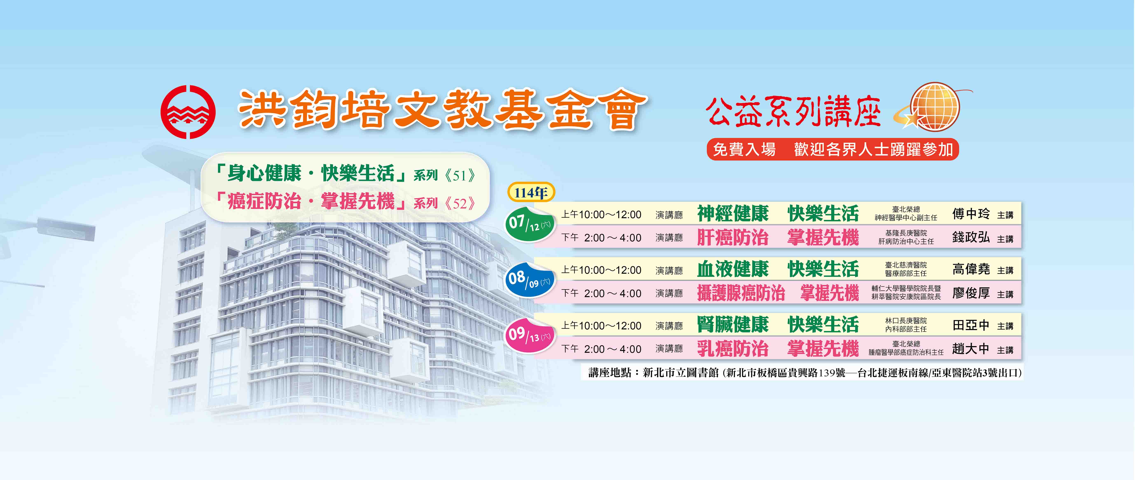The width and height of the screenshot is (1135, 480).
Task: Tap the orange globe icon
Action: pyautogui.click(x=934, y=107)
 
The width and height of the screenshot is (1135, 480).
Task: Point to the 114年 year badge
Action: pyautogui.click(x=531, y=192)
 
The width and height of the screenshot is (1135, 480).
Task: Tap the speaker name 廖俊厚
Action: pyautogui.click(x=971, y=293)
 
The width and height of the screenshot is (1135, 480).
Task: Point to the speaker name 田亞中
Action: pyautogui.click(x=971, y=325)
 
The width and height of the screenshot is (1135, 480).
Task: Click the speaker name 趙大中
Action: pyautogui.click(x=971, y=349)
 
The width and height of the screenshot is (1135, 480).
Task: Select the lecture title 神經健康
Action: pyautogui.click(x=733, y=214)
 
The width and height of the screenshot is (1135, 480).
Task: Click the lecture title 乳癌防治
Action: pyautogui.click(x=733, y=349)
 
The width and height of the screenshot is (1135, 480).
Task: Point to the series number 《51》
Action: pyautogui.click(x=460, y=175)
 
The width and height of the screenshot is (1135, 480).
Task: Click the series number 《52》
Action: pyautogui.click(x=460, y=203)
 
